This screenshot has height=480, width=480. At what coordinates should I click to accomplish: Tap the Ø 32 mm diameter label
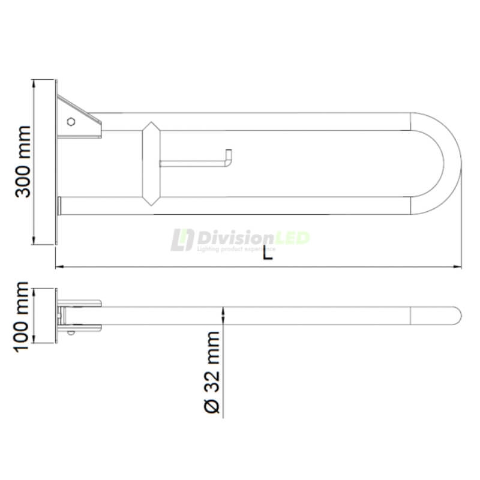pyautogui.click(x=212, y=371)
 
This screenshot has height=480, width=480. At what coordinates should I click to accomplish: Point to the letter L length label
pyautogui.click(x=268, y=253)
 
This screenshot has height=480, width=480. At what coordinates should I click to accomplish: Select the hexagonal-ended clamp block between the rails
pyautogui.click(x=151, y=163)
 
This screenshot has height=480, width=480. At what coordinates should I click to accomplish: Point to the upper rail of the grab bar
pyautogui.click(x=270, y=121)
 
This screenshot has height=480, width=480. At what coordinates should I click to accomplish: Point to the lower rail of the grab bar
pyautogui.click(x=270, y=205)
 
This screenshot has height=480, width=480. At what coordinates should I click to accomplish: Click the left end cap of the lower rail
pyautogui.click(x=59, y=205)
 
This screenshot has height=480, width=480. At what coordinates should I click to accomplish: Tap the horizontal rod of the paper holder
pyautogui.click(x=192, y=163)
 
